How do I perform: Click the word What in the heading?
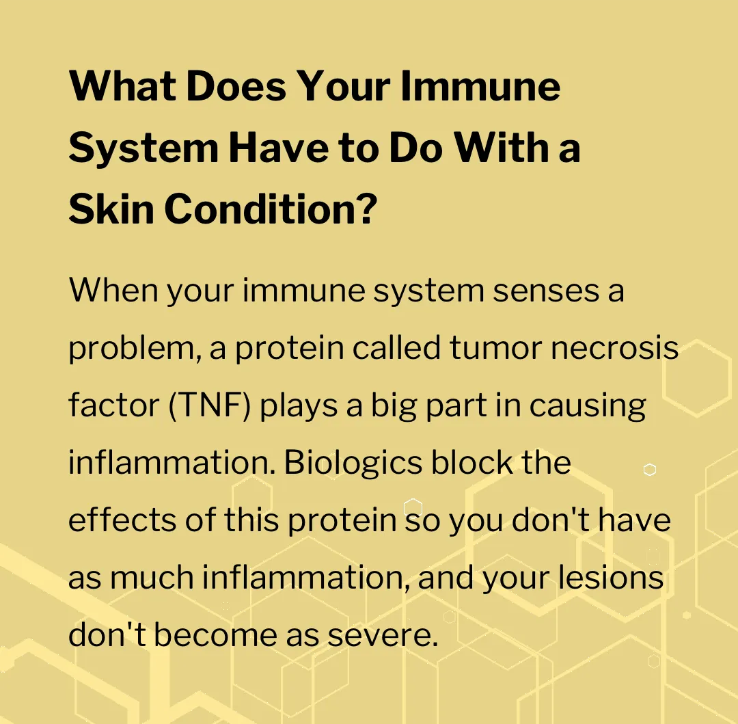[122, 85]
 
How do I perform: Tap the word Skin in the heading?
[111, 209]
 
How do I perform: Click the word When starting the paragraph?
[113, 290]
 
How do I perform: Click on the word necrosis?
[615, 349]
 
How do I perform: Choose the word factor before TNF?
[114, 405]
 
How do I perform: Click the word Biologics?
[353, 464]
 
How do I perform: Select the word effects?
[122, 520]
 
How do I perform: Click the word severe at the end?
[383, 636]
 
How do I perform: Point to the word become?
[215, 634]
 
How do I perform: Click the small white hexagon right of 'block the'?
[650, 470]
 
